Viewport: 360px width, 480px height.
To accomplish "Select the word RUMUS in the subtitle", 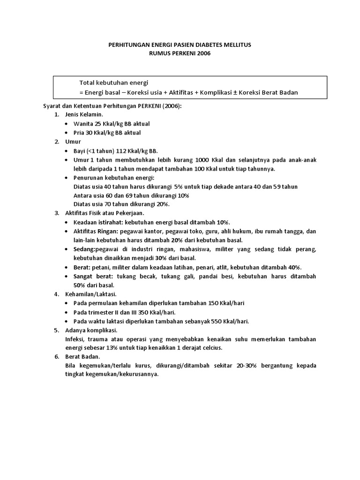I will (x=159, y=53).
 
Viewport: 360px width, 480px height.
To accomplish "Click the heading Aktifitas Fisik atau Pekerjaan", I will (x=97, y=213).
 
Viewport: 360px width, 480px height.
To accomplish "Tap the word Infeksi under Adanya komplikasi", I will (x=76, y=339).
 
